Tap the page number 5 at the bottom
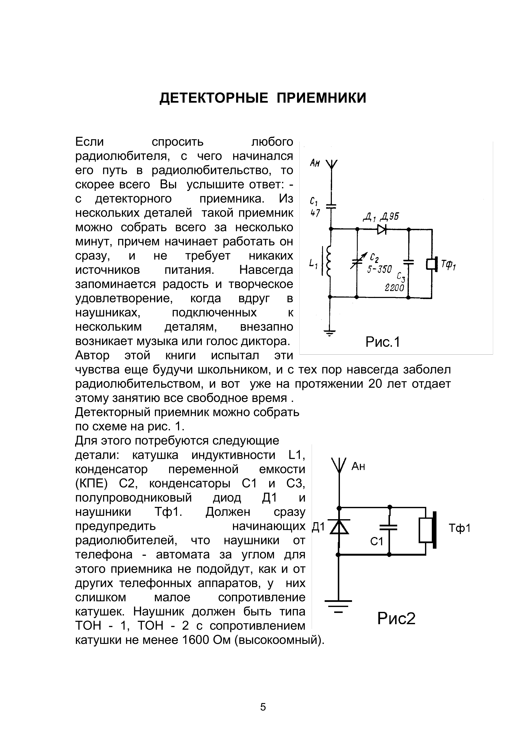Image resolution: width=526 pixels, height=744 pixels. click(263, 707)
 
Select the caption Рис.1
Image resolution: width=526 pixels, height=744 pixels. click(383, 342)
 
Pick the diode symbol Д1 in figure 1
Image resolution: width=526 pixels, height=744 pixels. click(382, 230)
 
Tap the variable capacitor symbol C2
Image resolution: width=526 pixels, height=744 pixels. click(357, 261)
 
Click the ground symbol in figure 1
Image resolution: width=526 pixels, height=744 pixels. click(330, 332)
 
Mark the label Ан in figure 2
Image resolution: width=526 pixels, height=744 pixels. click(358, 467)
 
